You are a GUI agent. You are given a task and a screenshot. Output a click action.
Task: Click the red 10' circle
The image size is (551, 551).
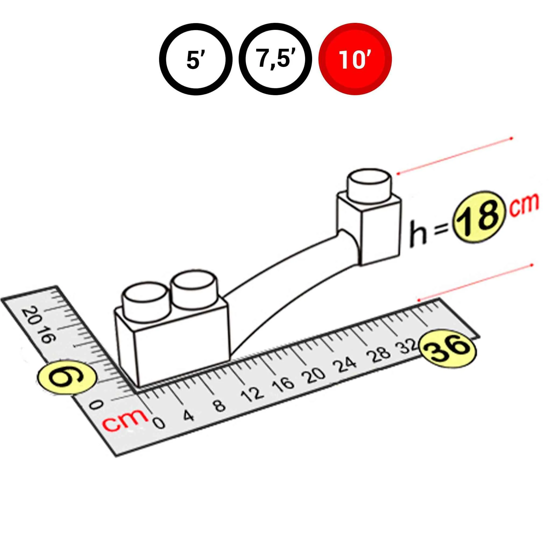pos(355,59)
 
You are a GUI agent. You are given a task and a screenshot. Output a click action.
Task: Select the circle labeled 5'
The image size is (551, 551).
pos(196,59)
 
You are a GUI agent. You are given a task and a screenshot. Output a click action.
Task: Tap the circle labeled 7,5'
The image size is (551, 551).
pos(275,59)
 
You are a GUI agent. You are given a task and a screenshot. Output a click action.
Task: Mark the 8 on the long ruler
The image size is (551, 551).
pos(220,405)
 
